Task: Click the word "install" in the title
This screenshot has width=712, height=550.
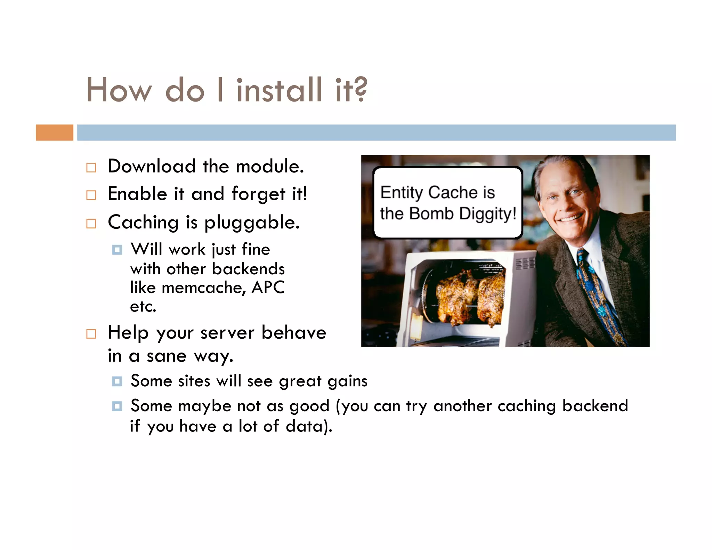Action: point(279,90)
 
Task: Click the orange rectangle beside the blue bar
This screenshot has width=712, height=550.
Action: point(55,132)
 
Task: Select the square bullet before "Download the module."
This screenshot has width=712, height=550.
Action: point(91,168)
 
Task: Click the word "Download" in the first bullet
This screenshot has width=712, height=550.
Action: point(152,166)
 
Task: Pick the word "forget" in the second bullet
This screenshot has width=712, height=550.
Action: point(258,194)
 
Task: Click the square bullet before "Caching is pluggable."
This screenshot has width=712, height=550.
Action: point(91,224)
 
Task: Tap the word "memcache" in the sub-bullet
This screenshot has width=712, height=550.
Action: point(204,288)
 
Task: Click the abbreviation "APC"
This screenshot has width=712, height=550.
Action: point(268,287)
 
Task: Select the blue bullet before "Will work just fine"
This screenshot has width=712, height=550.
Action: point(117,250)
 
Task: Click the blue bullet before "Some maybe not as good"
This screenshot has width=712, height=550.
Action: point(117,406)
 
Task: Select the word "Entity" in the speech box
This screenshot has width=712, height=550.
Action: point(402,193)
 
